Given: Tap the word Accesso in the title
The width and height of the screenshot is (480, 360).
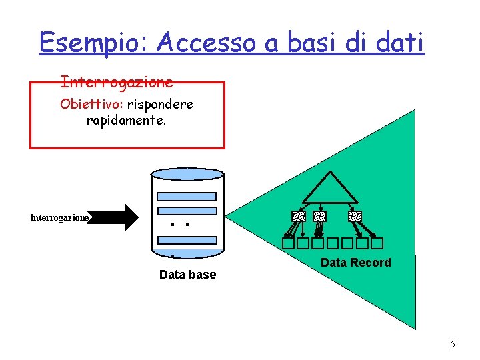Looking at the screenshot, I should (x=206, y=43).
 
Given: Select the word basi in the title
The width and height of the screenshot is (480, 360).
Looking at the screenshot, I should (x=313, y=43).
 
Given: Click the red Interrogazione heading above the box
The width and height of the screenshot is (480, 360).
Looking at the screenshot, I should (x=117, y=82).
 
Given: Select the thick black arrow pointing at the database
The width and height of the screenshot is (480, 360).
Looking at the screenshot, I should (x=117, y=217).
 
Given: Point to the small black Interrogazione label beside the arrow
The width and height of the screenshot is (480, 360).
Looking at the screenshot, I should (x=59, y=218).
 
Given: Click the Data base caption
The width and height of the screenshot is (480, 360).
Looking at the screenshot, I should (x=187, y=275).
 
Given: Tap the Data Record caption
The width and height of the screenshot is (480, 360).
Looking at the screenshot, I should (x=355, y=263).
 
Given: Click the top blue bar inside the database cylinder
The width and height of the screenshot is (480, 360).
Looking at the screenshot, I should (x=187, y=197).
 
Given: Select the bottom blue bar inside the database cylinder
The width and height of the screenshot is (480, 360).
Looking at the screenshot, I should (x=187, y=241).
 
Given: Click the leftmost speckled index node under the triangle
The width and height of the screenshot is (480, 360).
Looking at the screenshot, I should (x=298, y=216).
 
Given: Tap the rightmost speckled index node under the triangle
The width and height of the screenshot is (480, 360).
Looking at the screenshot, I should (x=355, y=216).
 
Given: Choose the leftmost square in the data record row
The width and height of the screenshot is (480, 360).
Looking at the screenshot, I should (x=287, y=243).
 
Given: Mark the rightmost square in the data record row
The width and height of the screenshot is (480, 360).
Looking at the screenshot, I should (x=377, y=243).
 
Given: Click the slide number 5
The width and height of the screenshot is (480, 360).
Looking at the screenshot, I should (x=453, y=345).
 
